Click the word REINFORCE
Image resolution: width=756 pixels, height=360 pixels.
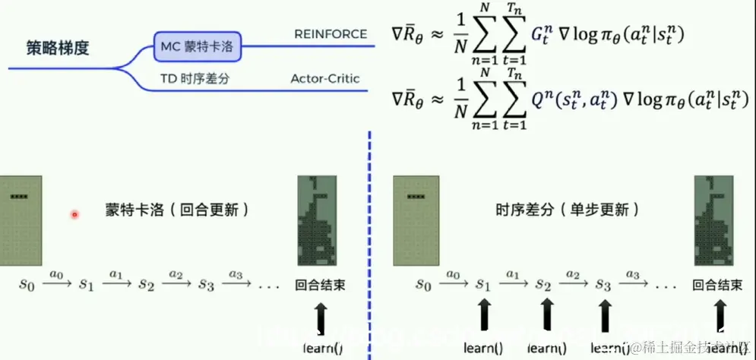click(331, 34)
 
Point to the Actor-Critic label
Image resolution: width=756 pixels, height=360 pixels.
click(325, 78)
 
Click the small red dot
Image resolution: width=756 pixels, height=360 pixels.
click(74, 215)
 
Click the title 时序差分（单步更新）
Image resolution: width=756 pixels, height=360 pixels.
click(567, 209)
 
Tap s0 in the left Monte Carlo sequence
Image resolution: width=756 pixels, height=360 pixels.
click(27, 285)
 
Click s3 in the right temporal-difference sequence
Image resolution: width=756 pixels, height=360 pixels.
click(602, 285)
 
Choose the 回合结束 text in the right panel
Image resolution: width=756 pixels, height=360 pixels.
click(717, 286)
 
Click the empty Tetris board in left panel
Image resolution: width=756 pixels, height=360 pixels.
click(21, 220)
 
